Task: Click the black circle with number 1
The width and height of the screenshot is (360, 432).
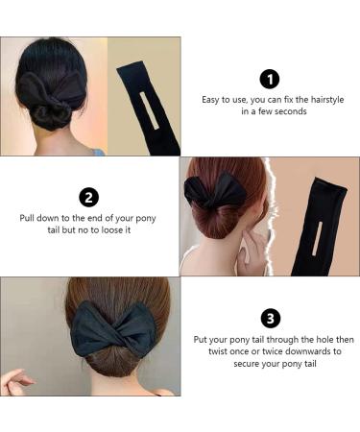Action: pyautogui.click(x=270, y=80)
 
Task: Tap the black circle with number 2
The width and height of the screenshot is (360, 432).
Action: pyautogui.click(x=89, y=198)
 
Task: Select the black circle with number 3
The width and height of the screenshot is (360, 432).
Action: pyautogui.click(x=270, y=319)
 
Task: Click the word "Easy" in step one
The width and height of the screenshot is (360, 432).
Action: pyautogui.click(x=212, y=100)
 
